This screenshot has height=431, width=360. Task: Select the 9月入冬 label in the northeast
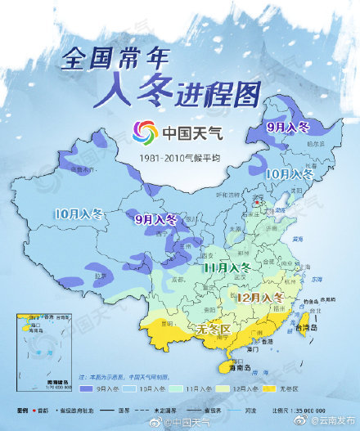pyautogui.click(x=288, y=128)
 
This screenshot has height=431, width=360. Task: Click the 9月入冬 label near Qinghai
pyautogui.click(x=155, y=219)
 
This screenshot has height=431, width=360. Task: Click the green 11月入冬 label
pyautogui.click(x=227, y=267)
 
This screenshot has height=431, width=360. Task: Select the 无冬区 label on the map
pyautogui.click(x=214, y=329)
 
